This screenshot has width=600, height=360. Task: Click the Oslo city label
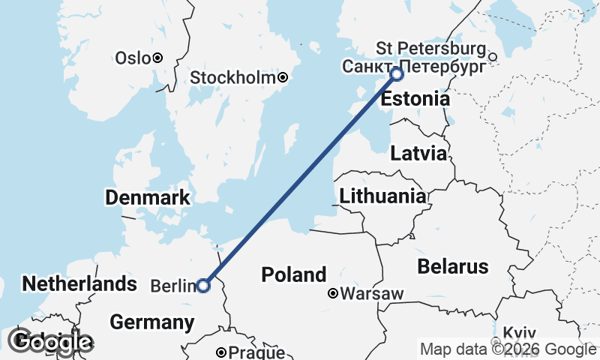(x=132, y=58)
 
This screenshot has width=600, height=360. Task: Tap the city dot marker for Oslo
(x=157, y=58)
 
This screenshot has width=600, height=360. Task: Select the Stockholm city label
(x=232, y=78)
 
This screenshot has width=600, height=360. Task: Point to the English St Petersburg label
(x=431, y=49)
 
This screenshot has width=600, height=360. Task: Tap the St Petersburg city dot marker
(x=493, y=56)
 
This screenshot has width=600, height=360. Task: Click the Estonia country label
(x=415, y=99)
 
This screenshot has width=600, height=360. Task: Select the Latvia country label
(x=418, y=154)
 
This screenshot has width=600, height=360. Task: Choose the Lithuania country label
(x=382, y=196)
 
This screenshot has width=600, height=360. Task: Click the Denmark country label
(x=147, y=198)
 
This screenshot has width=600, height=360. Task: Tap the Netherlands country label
(x=79, y=283)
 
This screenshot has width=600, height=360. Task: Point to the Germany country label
(x=151, y=322)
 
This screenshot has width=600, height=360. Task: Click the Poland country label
(x=294, y=274)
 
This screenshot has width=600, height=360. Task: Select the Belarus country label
(x=453, y=266)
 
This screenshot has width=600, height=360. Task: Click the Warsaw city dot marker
(x=332, y=294)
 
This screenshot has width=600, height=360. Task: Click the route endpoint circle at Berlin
(x=202, y=285)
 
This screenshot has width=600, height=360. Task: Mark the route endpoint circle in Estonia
(x=397, y=74)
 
